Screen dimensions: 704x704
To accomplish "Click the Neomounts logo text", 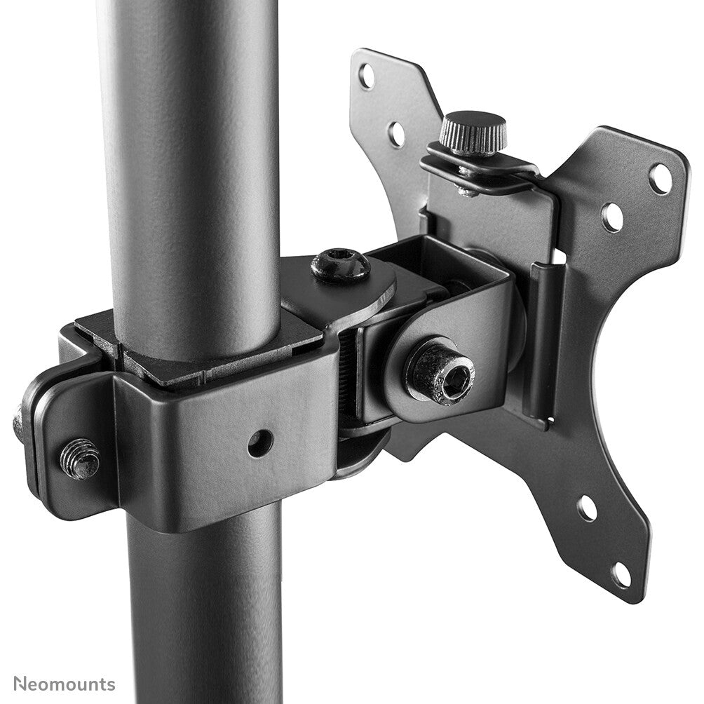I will click(64, 684).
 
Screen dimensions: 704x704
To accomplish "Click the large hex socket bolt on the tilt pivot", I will click(440, 372).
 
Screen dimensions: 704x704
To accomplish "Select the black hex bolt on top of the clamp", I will click(341, 265).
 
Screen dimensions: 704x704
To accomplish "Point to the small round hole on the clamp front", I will click(259, 442).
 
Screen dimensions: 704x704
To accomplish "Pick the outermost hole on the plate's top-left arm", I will click(367, 75).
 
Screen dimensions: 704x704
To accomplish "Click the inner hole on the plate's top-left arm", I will click(396, 133).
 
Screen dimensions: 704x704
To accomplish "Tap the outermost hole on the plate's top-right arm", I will click(659, 178).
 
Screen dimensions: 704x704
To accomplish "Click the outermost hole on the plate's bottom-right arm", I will click(620, 575).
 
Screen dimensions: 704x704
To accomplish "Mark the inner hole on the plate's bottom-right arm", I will click(587, 508).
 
